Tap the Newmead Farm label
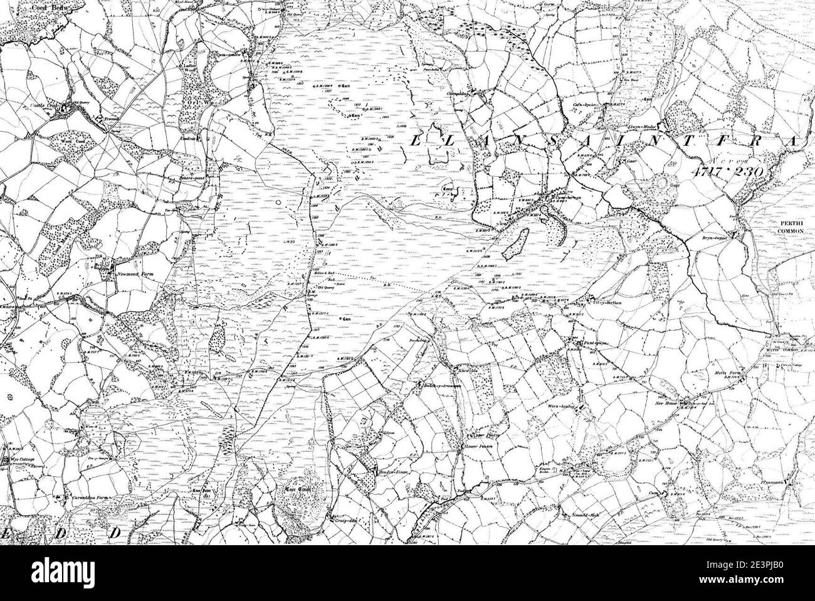pos(131,274)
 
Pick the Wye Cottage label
pos(21,460)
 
